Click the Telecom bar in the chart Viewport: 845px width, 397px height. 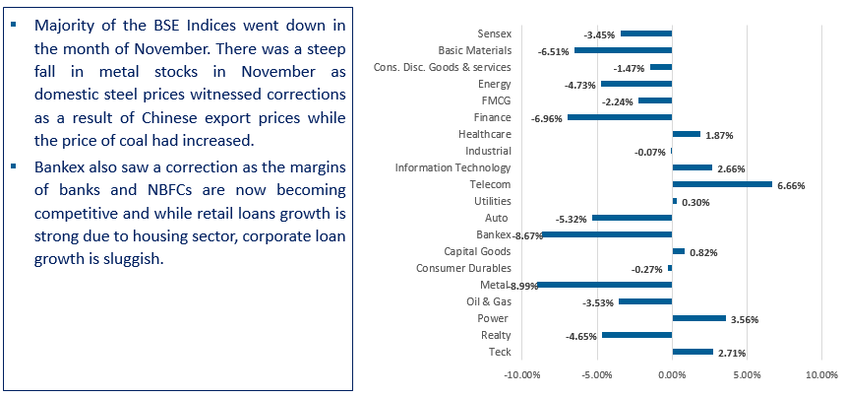coord(721,184)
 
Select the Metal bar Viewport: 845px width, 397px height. coord(604,285)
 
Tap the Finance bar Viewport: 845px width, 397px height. coord(619,117)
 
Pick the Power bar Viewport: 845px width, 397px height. coord(698,318)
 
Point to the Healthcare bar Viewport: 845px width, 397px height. coord(686,134)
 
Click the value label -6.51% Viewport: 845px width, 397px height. coord(553,51)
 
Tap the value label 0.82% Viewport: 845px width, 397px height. coord(703,252)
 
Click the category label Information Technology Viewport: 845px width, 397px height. coord(452,166)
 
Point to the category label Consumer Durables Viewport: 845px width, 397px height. coord(463,267)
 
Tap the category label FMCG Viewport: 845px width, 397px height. coord(496,99)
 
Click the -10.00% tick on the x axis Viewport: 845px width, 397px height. coord(521,375)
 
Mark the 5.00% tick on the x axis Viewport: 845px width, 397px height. coord(746,375)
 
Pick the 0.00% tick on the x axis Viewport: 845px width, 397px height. coord(672,375)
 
